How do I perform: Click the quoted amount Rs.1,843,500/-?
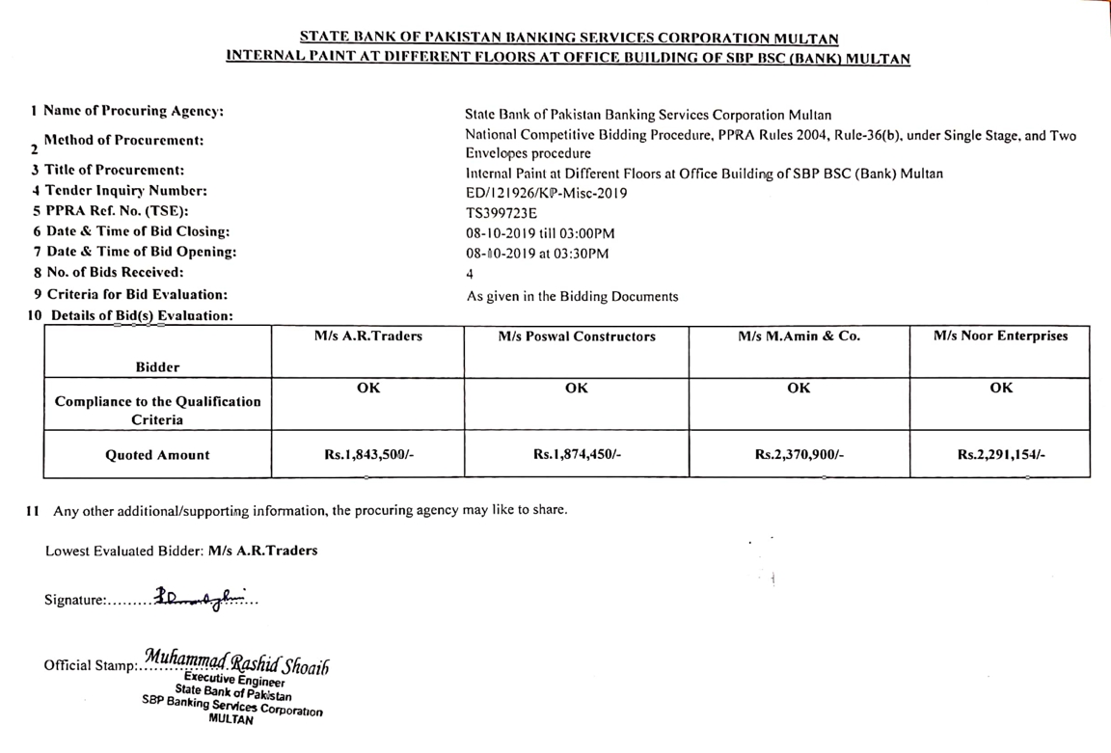click(x=368, y=455)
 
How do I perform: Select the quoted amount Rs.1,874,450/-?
click(x=577, y=455)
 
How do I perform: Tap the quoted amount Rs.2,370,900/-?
click(x=799, y=455)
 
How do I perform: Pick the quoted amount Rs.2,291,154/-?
click(x=1001, y=455)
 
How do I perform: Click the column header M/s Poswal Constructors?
click(x=577, y=336)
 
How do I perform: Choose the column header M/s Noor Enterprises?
click(x=1001, y=336)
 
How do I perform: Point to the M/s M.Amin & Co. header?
click(x=799, y=336)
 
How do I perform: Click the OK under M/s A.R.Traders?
click(x=368, y=388)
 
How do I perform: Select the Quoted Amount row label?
click(x=157, y=455)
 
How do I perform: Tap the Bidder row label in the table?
click(x=157, y=366)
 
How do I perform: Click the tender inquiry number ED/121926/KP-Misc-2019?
click(x=546, y=193)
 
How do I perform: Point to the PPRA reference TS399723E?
click(x=501, y=213)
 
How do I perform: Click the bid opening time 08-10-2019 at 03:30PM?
click(x=536, y=254)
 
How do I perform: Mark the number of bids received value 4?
click(x=470, y=275)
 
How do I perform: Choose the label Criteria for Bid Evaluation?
click(x=137, y=294)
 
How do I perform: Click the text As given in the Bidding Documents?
click(x=572, y=296)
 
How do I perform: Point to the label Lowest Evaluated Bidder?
click(x=124, y=551)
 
